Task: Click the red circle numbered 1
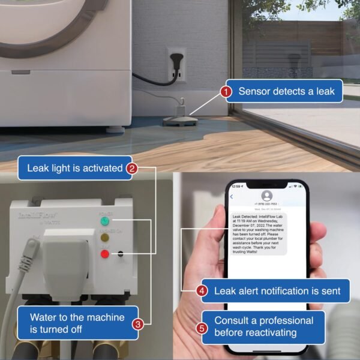[x=226, y=92]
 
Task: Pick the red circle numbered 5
[x=202, y=328]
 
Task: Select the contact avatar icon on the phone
[x=267, y=196]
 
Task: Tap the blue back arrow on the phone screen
[x=232, y=197]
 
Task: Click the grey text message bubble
[x=259, y=233]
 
